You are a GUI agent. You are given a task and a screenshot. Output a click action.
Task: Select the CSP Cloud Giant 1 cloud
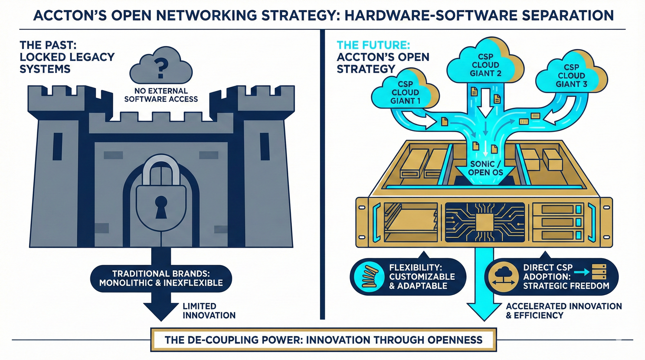[405, 92]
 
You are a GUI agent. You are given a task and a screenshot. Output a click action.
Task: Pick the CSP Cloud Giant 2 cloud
[485, 65]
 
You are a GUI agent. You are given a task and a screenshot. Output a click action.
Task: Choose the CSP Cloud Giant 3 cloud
[571, 76]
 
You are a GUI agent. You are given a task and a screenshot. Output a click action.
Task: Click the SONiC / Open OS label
[485, 168]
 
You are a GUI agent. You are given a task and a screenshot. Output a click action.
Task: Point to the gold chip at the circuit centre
[485, 223]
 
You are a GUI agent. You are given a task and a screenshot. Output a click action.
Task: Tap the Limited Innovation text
[209, 311]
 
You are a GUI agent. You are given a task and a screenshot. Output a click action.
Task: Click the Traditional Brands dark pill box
[161, 278]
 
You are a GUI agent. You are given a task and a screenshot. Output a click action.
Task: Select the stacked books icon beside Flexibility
[369, 277]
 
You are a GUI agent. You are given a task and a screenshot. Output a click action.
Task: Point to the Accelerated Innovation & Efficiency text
[563, 311]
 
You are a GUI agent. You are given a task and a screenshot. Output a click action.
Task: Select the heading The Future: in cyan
[373, 45]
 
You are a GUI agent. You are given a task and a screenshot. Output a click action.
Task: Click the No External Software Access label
[161, 95]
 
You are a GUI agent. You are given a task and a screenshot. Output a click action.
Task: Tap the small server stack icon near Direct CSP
[599, 272]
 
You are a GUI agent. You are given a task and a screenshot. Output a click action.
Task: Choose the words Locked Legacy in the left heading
[67, 57]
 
